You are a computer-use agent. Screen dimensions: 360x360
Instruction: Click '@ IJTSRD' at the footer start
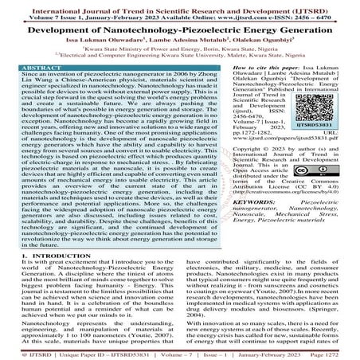pyautogui.click(x=22, y=351)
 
